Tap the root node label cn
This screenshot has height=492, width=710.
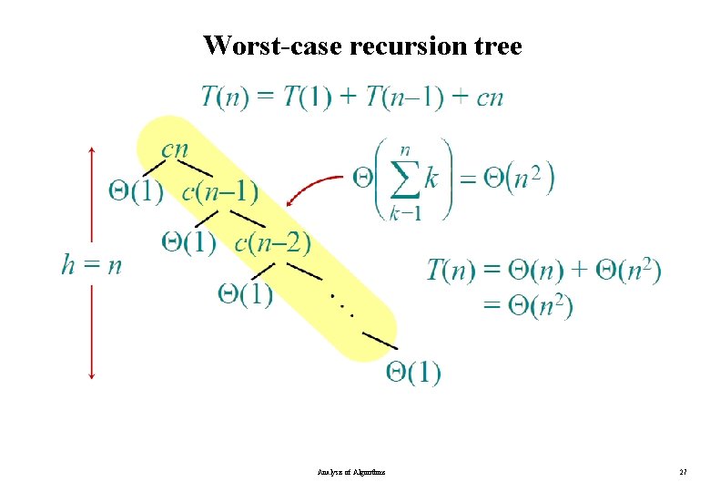click(175, 149)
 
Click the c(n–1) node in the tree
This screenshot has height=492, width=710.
click(219, 192)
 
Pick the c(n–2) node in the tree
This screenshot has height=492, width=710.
click(272, 242)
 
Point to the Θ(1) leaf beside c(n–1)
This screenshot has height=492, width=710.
click(137, 192)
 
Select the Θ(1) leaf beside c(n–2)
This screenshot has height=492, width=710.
click(189, 242)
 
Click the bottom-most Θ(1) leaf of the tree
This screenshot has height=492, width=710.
click(413, 372)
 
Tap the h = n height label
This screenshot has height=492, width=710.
click(92, 264)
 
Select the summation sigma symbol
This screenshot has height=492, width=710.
click(406, 178)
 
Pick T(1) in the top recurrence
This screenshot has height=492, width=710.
click(308, 96)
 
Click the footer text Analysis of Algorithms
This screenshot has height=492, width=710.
click(351, 473)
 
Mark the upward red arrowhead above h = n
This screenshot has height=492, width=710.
click(92, 149)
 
